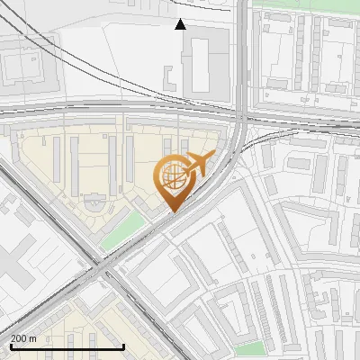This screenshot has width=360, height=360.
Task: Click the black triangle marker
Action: pos(181,24)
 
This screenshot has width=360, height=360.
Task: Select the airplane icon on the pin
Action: pos(199,164)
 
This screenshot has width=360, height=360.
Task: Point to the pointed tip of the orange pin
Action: pos(174,211)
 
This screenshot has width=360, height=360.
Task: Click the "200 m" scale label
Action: pos(24,338)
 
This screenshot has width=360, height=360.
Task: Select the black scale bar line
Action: pos(67,347)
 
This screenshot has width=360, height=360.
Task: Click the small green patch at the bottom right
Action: pos(255,348)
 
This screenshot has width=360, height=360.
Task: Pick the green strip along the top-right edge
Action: pos(306,4)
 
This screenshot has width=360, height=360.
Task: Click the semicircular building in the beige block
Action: pos(93,203)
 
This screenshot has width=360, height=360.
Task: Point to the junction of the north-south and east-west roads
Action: pos(242,116)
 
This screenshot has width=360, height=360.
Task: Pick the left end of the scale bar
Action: pos(10,347)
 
